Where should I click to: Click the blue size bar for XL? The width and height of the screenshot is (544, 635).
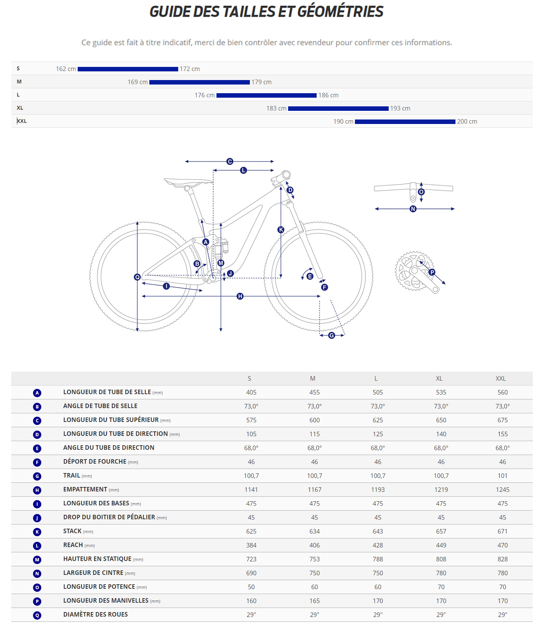click(338, 109)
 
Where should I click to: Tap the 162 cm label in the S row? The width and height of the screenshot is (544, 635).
click(66, 69)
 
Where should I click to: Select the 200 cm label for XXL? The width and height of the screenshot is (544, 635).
click(467, 122)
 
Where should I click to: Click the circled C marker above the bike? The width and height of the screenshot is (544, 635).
click(230, 162)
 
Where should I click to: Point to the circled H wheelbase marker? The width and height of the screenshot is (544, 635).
click(240, 296)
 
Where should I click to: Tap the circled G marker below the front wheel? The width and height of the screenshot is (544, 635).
click(332, 336)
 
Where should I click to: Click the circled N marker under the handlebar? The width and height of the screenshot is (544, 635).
click(413, 209)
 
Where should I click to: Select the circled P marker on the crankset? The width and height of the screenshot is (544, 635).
click(432, 272)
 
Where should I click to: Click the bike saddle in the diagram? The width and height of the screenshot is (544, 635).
click(188, 182)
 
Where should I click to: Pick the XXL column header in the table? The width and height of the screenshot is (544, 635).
click(500, 379)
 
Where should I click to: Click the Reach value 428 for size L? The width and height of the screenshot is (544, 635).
click(377, 546)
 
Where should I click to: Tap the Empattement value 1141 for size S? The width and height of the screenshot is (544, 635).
click(251, 490)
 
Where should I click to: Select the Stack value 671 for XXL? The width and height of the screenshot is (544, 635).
click(502, 532)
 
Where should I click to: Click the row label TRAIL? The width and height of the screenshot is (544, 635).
click(72, 476)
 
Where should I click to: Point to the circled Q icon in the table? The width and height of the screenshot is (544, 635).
click(37, 615)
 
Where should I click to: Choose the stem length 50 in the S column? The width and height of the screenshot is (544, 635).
click(251, 587)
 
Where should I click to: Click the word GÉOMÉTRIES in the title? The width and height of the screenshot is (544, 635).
click(340, 12)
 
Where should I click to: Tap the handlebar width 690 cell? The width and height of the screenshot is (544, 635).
click(251, 573)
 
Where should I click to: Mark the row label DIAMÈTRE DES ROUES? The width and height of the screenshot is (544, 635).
click(95, 615)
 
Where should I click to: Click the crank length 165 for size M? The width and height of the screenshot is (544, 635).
click(314, 601)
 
